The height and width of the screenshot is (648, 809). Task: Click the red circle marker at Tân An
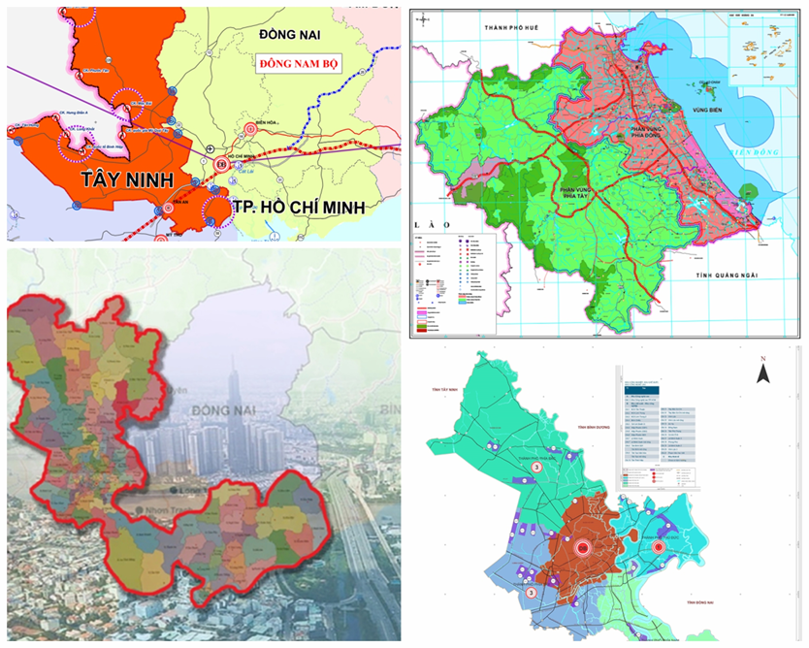pyautogui.click(x=168, y=207)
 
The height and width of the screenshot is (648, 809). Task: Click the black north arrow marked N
pyautogui.click(x=764, y=372)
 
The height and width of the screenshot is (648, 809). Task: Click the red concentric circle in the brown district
pyautogui.click(x=583, y=548)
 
